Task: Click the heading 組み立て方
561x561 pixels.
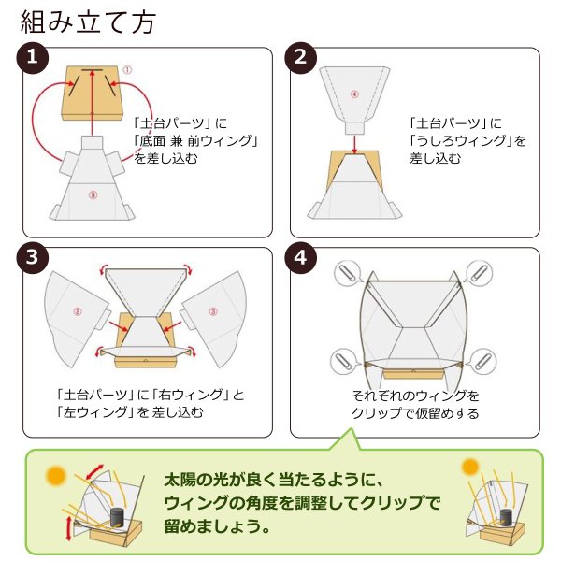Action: (88, 22)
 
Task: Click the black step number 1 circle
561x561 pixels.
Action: (32, 58)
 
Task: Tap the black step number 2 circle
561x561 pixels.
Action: (300, 58)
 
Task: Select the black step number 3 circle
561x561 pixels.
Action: (32, 258)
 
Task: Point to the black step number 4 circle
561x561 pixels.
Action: (300, 258)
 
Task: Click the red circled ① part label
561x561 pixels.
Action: (127, 70)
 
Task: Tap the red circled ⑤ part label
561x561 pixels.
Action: (93, 195)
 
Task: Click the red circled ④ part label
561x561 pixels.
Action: (354, 94)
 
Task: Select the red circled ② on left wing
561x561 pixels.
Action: (78, 311)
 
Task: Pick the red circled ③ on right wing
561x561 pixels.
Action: (213, 311)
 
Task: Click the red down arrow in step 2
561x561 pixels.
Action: (354, 144)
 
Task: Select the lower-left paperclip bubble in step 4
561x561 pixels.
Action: (344, 361)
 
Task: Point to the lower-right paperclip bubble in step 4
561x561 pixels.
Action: (482, 361)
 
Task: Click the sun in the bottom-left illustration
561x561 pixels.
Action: (56, 476)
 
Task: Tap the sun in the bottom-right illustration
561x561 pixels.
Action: (470, 467)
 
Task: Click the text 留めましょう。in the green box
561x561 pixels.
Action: (217, 526)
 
